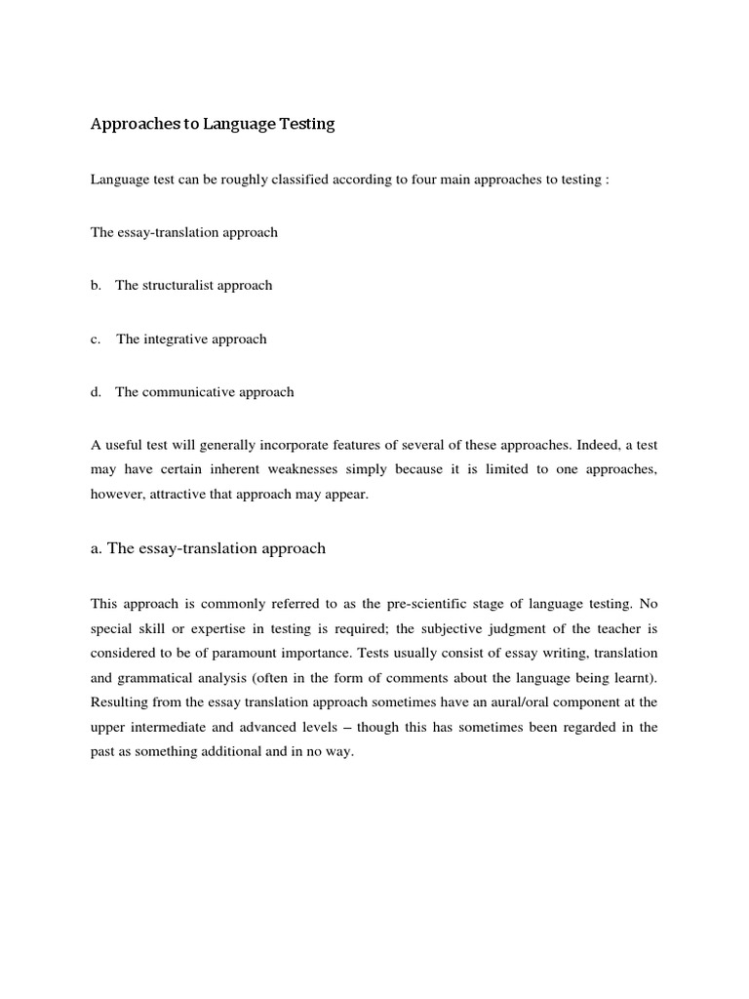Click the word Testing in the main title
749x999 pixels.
point(302,124)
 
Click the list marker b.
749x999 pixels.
point(97,286)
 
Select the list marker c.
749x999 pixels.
point(97,340)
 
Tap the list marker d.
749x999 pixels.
point(97,392)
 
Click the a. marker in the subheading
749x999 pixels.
point(97,548)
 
